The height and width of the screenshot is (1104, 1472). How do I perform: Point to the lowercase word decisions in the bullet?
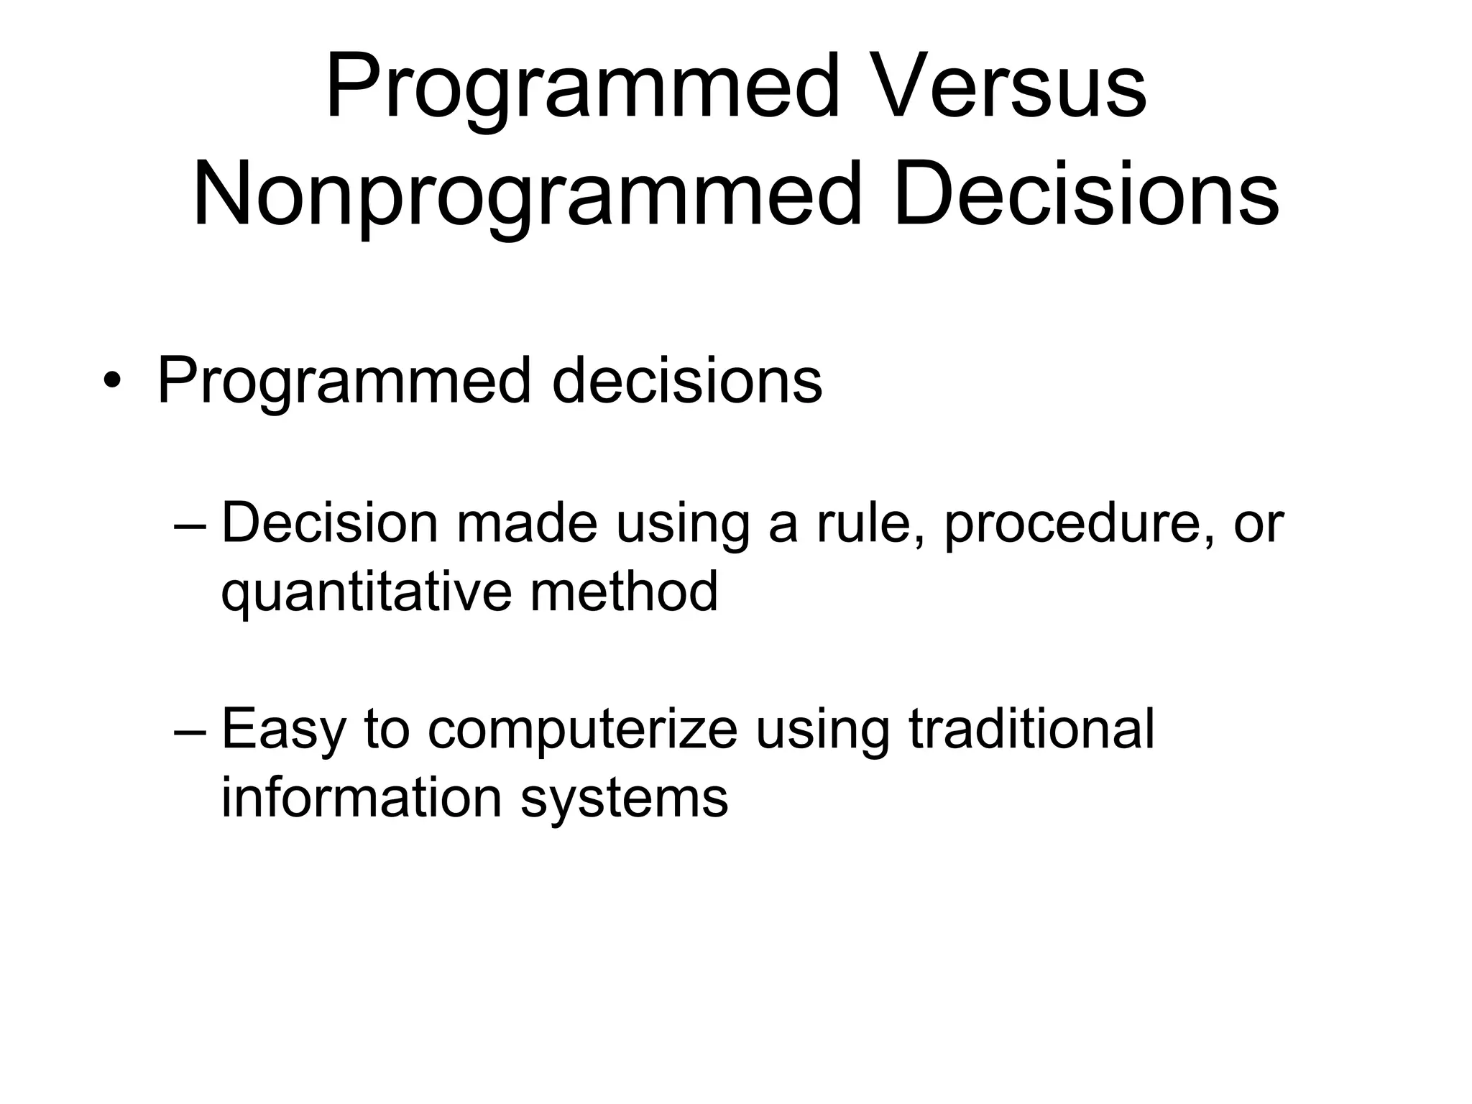coord(686,381)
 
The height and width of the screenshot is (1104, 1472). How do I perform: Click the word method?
coord(624,591)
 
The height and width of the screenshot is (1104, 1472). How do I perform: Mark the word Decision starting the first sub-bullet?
coord(329,523)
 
